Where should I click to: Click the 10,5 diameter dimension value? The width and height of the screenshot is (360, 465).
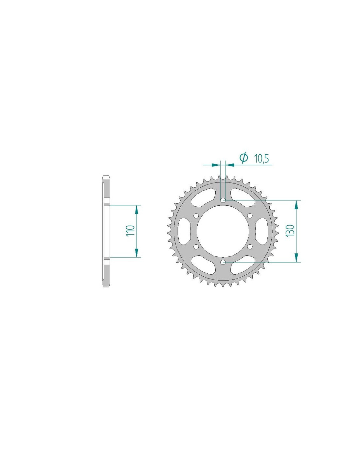click(261, 159)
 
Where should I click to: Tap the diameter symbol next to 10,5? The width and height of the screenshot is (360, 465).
click(243, 158)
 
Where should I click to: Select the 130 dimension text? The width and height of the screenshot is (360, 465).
click(290, 231)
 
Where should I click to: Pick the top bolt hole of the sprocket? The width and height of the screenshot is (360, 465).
click(223, 200)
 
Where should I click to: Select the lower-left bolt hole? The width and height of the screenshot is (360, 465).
click(196, 246)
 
